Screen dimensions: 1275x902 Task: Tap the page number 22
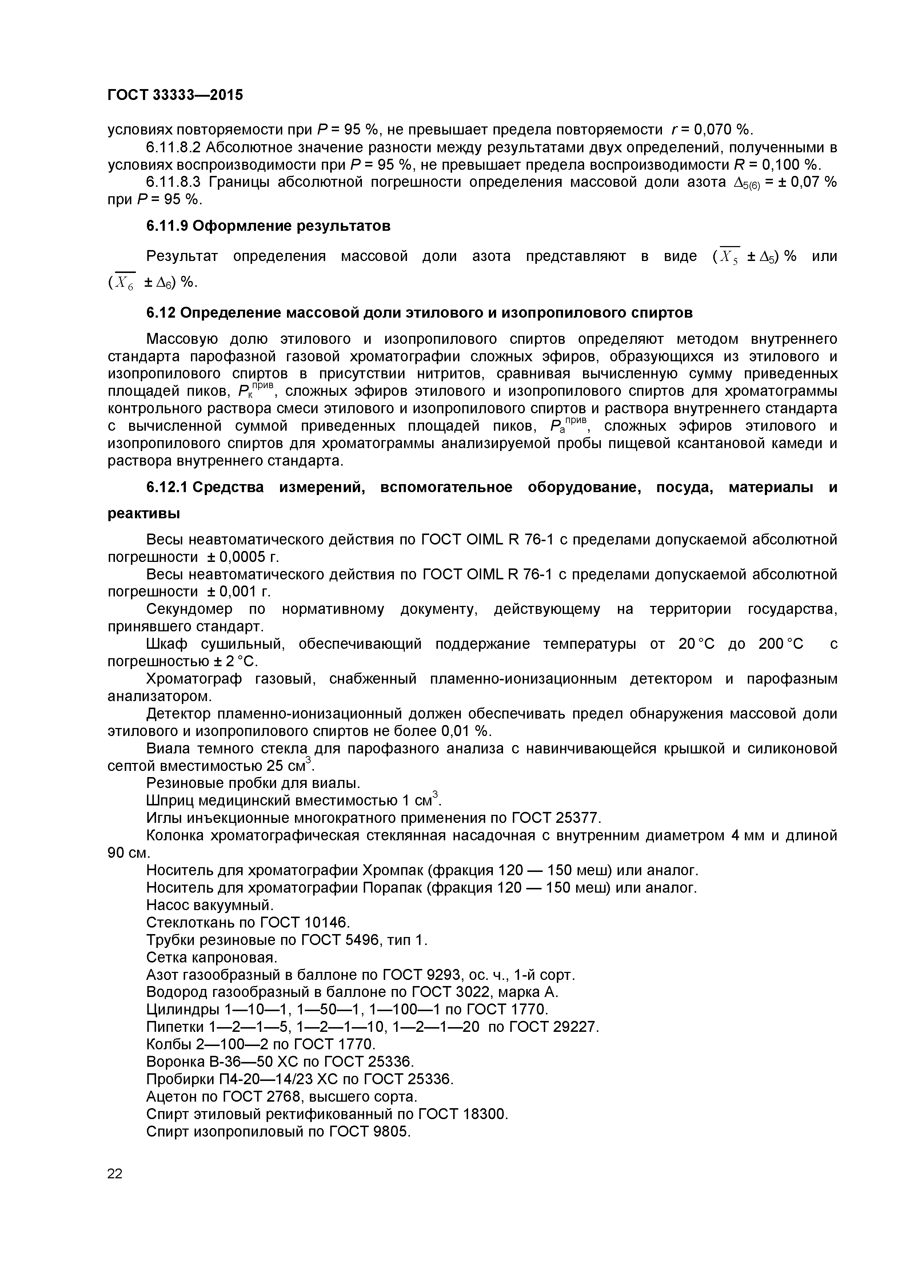[x=115, y=1173]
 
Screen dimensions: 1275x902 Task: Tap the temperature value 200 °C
[x=781, y=644]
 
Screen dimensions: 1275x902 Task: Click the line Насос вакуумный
[x=209, y=905]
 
